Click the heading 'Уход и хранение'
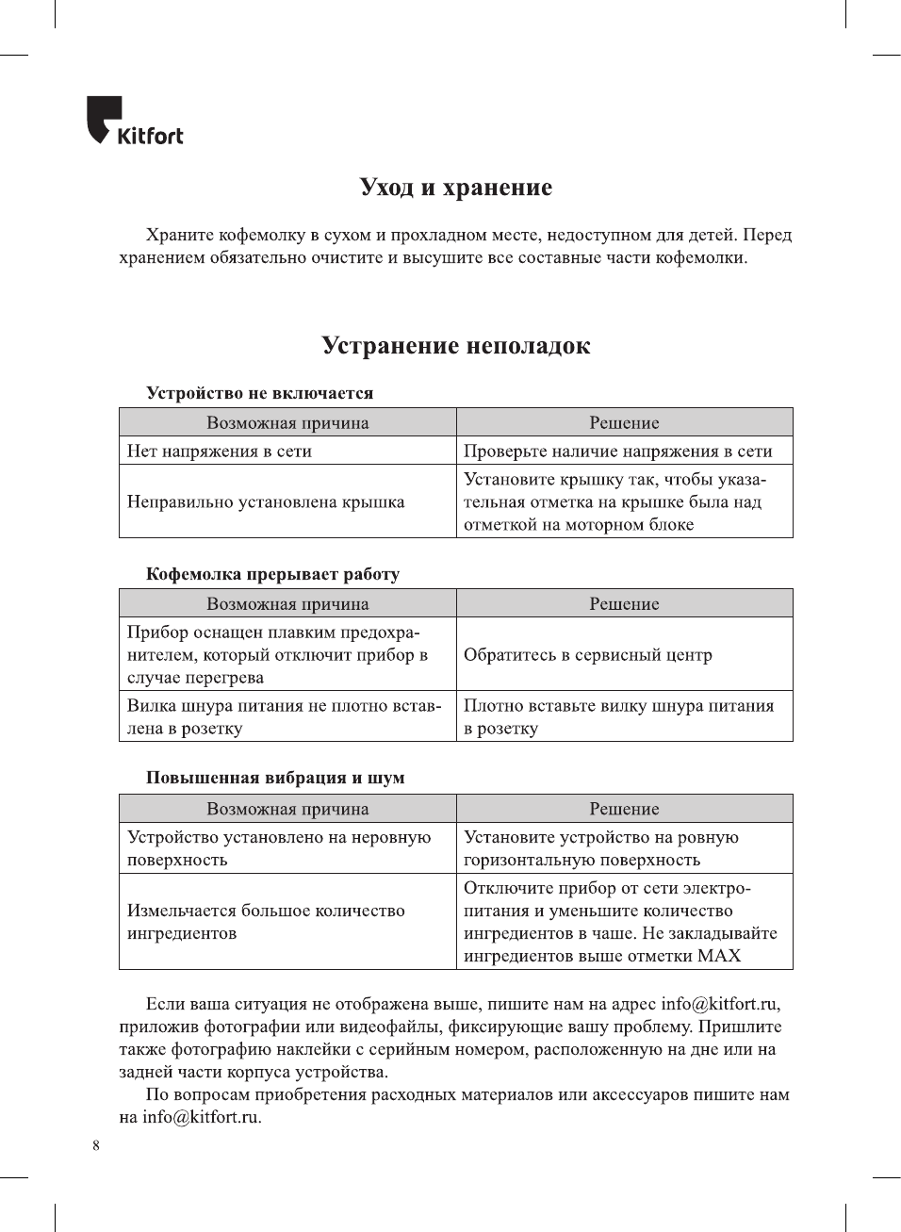coord(455,188)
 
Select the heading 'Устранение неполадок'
coord(455,346)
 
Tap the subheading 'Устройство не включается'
coord(259,393)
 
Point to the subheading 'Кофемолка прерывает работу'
coord(272,574)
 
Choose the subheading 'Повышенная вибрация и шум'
coord(275,778)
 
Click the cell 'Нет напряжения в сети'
coord(220,452)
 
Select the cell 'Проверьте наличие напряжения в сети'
coord(617,452)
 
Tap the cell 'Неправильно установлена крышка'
coord(266,502)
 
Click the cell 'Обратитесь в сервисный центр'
coord(587,655)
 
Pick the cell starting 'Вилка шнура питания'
coord(284,717)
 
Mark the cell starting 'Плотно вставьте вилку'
coord(618,717)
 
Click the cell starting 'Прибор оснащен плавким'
coord(277,655)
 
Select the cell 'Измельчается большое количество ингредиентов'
coord(266,922)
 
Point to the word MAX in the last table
coord(719,956)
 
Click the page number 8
coord(96,1145)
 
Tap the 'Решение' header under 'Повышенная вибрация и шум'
coord(624,809)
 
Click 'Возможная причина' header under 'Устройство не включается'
coord(287,423)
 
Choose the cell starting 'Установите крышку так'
coord(614,502)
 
